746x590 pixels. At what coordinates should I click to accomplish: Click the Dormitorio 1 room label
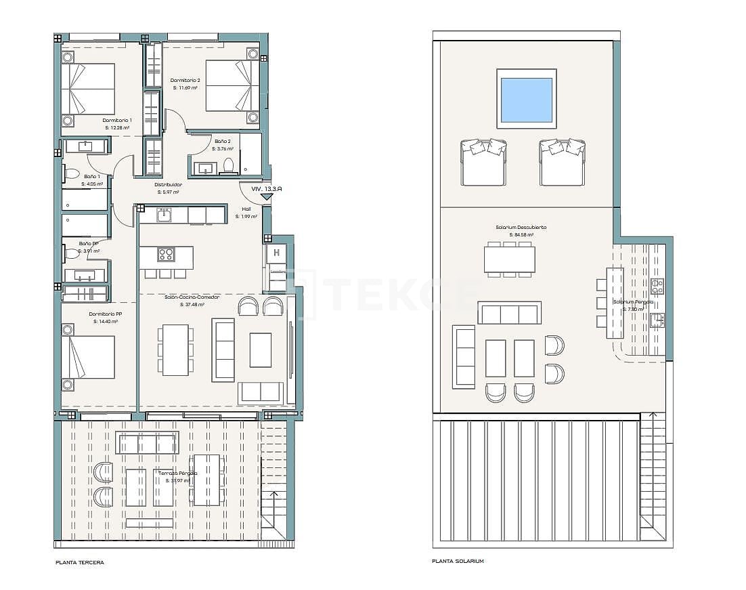pyautogui.click(x=117, y=120)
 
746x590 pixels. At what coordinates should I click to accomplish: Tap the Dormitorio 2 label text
pyautogui.click(x=184, y=80)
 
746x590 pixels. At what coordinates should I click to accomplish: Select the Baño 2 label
pyautogui.click(x=223, y=142)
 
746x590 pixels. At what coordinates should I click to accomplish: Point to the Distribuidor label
pyautogui.click(x=168, y=184)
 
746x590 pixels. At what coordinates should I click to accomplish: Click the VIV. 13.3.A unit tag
pyautogui.click(x=266, y=190)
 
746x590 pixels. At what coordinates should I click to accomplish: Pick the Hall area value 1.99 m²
pyautogui.click(x=246, y=217)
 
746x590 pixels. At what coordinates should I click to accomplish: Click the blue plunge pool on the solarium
pyautogui.click(x=526, y=99)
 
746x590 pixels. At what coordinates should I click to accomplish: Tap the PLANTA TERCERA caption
pyautogui.click(x=80, y=562)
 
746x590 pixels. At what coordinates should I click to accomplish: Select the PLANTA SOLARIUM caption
pyautogui.click(x=458, y=561)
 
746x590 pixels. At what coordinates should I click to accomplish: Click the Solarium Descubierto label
pyautogui.click(x=521, y=228)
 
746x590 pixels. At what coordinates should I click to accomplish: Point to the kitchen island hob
pyautogui.click(x=166, y=255)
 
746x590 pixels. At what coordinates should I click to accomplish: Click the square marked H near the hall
pyautogui.click(x=276, y=254)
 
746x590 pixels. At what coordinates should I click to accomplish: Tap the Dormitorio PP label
pyautogui.click(x=105, y=314)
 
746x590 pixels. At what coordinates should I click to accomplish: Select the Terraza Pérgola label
pyautogui.click(x=178, y=473)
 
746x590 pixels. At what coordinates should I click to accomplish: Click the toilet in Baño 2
pyautogui.click(x=229, y=166)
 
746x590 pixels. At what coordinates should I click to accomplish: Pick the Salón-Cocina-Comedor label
pyautogui.click(x=192, y=297)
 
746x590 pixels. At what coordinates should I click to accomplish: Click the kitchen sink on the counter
pyautogui.click(x=164, y=215)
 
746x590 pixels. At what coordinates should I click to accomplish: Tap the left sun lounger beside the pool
pyautogui.click(x=483, y=162)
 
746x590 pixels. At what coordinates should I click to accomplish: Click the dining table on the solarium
pyautogui.click(x=509, y=259)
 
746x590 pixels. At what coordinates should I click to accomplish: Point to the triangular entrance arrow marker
pyautogui.click(x=267, y=197)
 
